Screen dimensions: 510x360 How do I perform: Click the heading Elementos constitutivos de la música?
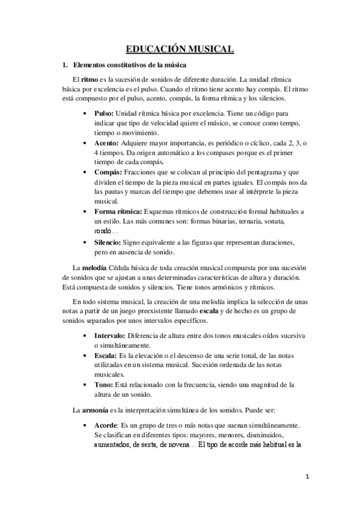(x=129, y=64)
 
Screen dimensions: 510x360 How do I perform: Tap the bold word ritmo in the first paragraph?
(x=89, y=79)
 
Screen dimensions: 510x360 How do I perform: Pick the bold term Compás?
(x=108, y=172)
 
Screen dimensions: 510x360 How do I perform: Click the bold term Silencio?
(x=109, y=242)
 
